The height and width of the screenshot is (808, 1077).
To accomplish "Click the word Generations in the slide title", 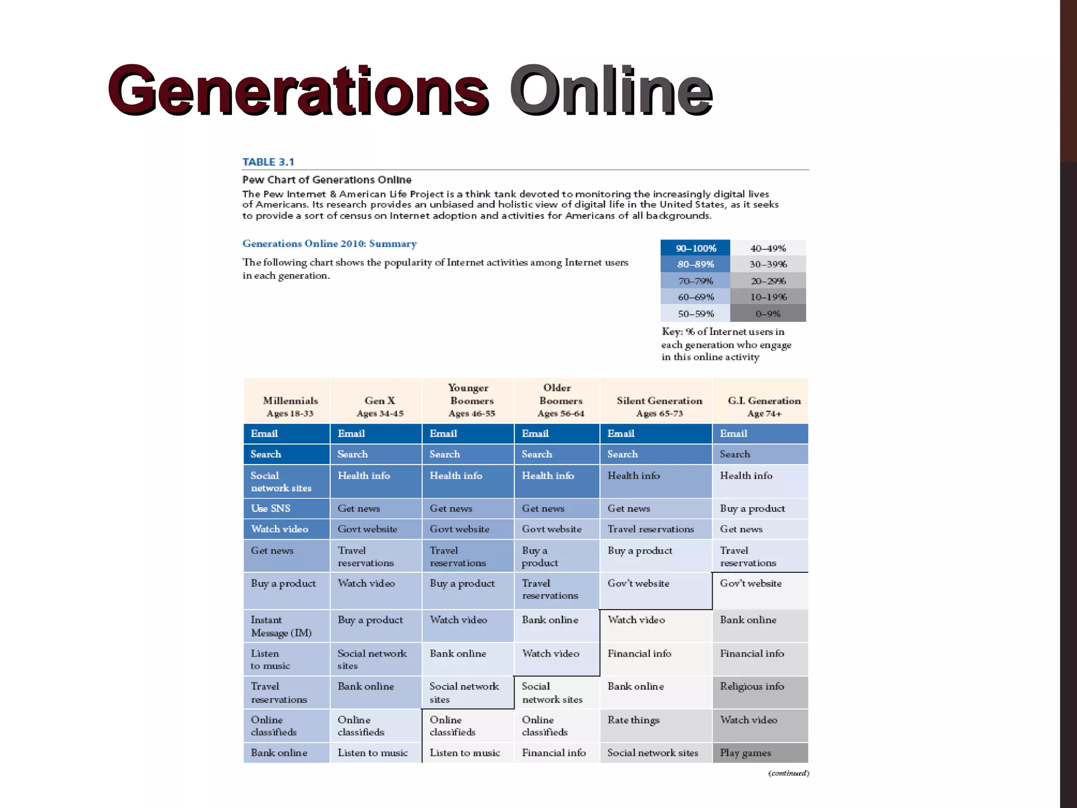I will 298,90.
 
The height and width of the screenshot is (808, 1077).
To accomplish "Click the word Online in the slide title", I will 611,90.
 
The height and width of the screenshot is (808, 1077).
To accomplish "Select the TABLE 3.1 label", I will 268,162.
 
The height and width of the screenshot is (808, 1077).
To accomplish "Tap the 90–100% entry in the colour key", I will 696,248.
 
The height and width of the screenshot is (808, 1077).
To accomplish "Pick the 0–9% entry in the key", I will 768,314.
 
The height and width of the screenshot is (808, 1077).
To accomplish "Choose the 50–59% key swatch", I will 696,314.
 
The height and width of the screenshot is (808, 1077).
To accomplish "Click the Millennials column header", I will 290,406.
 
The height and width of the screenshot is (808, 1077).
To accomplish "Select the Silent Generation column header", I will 659,406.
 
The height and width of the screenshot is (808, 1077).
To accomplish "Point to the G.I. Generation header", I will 764,406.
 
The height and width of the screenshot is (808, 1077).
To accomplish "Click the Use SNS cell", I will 271,508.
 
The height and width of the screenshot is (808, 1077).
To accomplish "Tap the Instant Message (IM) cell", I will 281,626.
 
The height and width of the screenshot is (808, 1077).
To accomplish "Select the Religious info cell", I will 752,686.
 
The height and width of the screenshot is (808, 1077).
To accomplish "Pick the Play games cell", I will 746,753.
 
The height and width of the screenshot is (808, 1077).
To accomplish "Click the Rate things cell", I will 634,720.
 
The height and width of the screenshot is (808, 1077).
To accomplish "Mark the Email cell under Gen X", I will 351,433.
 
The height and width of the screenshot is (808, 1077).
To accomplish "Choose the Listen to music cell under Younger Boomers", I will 465,753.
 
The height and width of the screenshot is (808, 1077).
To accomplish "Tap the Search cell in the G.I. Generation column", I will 735,454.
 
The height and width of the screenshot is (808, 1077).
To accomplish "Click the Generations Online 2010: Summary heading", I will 330,244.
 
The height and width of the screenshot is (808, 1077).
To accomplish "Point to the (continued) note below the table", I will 788,773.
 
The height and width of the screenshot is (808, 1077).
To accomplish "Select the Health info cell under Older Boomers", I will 548,476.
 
